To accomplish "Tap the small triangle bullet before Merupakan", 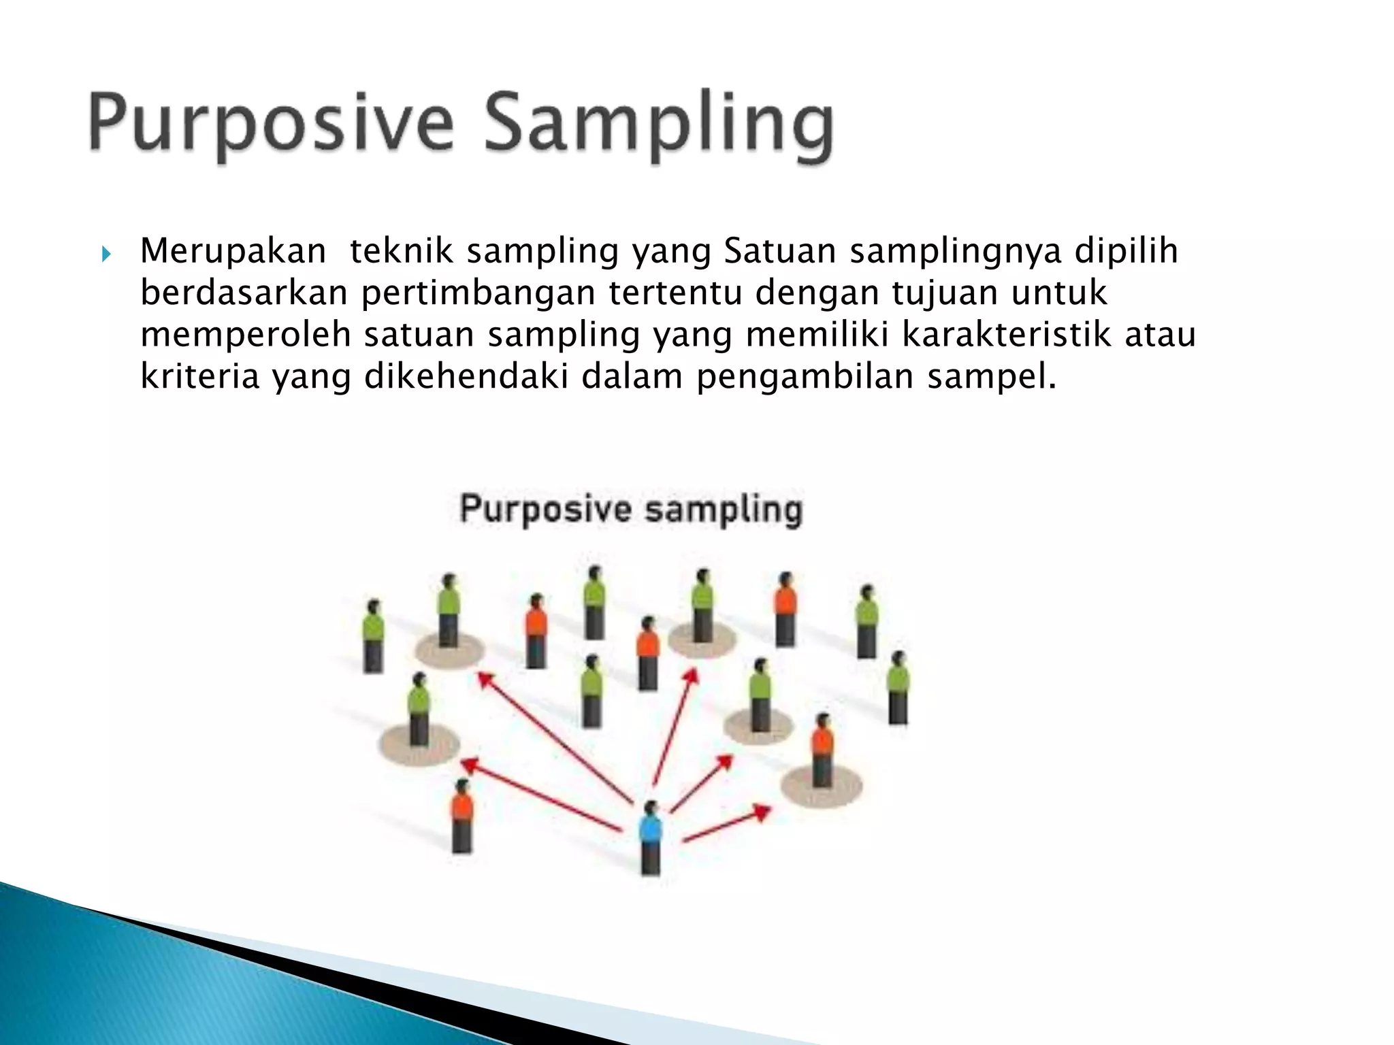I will (106, 254).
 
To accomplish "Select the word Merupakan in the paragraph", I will (233, 250).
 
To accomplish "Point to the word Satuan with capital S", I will (779, 250).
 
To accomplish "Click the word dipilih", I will (1126, 250).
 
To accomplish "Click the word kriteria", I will (200, 376).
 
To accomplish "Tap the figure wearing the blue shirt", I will (651, 837).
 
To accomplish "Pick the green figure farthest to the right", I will (898, 687).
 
